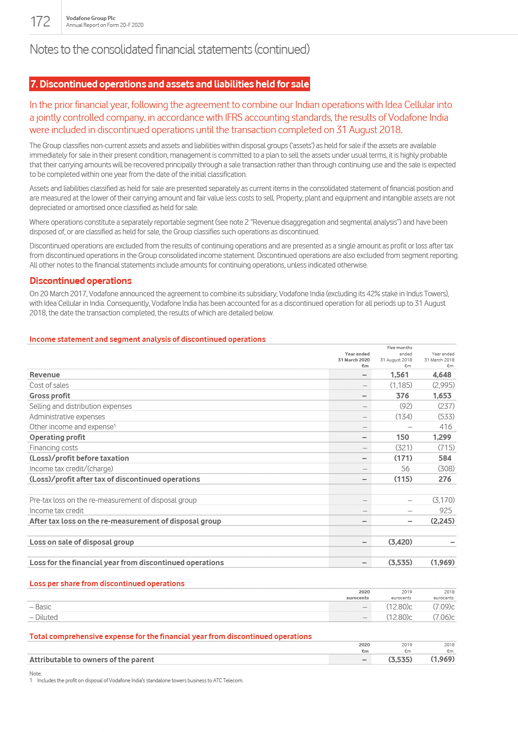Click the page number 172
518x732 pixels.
click(40, 21)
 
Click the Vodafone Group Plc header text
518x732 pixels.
click(91, 18)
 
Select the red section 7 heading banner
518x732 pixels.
click(170, 84)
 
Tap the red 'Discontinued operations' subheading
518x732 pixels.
click(81, 281)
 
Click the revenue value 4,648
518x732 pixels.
click(442, 375)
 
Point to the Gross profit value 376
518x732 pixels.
click(402, 396)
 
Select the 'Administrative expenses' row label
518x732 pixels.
click(67, 417)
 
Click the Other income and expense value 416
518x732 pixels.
click(445, 427)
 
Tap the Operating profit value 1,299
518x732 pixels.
click(442, 437)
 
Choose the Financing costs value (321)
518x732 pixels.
click(404, 448)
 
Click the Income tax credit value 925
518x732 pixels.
click(445, 510)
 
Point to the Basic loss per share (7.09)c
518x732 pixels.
click(443, 607)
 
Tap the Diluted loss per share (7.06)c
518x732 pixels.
click(443, 617)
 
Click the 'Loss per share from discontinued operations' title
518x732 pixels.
click(107, 583)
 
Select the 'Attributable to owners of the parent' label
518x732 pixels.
click(92, 660)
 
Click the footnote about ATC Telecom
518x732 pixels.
click(140, 680)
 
